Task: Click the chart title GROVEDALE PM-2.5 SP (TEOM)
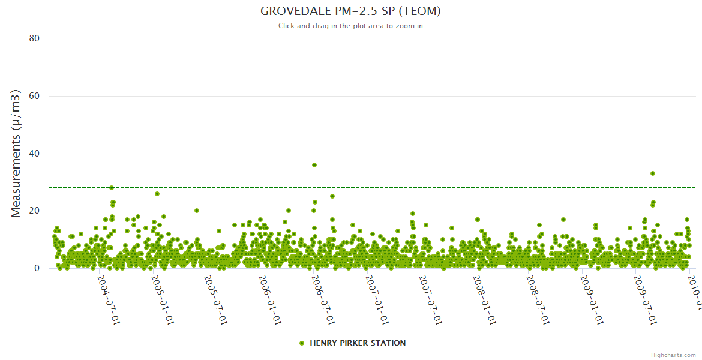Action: [351, 11]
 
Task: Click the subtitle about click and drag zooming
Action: [351, 26]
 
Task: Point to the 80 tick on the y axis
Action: [34, 38]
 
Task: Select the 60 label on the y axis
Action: [34, 96]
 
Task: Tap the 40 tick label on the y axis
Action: [34, 154]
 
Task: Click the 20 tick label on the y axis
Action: [34, 211]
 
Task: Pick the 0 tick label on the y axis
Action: [37, 269]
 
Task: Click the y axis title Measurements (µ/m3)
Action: [17, 153]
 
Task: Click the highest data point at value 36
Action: [314, 165]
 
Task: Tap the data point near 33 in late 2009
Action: [653, 173]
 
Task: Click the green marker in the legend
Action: [302, 343]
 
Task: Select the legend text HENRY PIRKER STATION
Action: [358, 343]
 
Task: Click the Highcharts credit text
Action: [674, 355]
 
